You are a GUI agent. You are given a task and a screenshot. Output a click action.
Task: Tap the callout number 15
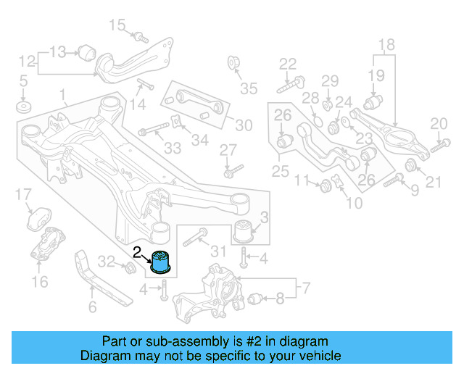tap(117, 26)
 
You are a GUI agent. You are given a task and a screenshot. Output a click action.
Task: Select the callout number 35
tap(249, 89)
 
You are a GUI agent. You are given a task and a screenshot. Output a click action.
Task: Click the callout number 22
tap(288, 63)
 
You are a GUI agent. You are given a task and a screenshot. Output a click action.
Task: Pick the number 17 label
tap(23, 194)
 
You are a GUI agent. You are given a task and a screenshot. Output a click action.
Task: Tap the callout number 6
tap(92, 307)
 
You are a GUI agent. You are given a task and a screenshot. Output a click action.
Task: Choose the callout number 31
tap(218, 251)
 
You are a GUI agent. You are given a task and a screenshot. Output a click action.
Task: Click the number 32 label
tap(106, 262)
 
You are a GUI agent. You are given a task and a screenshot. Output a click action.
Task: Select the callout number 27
tap(228, 150)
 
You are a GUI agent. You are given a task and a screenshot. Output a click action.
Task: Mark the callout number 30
tap(244, 125)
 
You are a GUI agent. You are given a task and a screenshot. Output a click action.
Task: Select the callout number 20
tap(439, 124)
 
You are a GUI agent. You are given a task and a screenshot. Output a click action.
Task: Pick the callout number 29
tap(330, 80)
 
